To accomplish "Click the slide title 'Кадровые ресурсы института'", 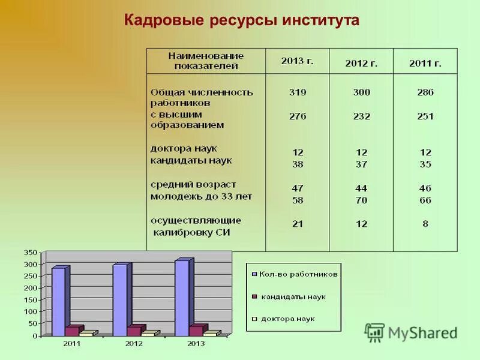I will pyautogui.click(x=241, y=20).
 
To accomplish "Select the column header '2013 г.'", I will pyautogui.click(x=297, y=61).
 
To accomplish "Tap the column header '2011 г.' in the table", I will pyautogui.click(x=425, y=63).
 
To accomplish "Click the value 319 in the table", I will pyautogui.click(x=297, y=92).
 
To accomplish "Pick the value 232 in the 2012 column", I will pyautogui.click(x=361, y=116).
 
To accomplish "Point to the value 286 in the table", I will pyautogui.click(x=425, y=92).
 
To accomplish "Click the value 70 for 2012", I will pyautogui.click(x=361, y=200).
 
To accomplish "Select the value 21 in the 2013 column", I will pyautogui.click(x=297, y=224).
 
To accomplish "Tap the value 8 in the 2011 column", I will pyautogui.click(x=425, y=224).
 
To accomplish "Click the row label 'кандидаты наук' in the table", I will pyautogui.click(x=190, y=161).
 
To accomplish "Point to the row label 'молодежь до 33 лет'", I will pyautogui.click(x=200, y=196).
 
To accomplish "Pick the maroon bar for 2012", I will pyautogui.click(x=134, y=331).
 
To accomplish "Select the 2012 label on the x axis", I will pyautogui.click(x=134, y=344).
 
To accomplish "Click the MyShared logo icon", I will pyautogui.click(x=374, y=332).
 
